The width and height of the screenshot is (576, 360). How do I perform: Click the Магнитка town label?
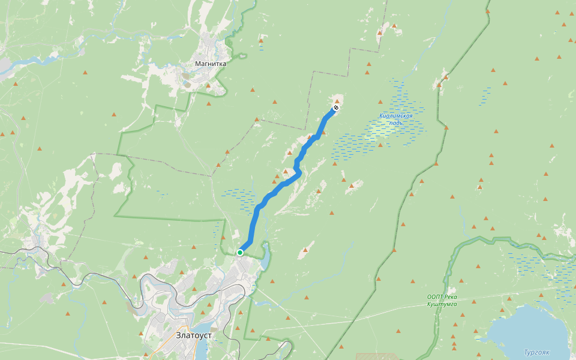coord(211,63)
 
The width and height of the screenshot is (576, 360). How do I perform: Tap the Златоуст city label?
coord(194,335)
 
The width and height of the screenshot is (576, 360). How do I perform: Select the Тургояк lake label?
coord(536,352)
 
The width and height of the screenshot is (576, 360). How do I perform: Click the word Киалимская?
coord(395,115)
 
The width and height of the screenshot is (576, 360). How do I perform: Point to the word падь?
coord(395,123)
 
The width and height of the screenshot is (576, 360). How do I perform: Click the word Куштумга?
coord(443,304)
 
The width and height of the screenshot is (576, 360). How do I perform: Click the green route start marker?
coord(240,253)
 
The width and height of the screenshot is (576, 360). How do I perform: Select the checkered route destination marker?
coord(336,108)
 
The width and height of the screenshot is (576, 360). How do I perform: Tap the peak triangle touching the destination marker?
coord(337,102)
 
